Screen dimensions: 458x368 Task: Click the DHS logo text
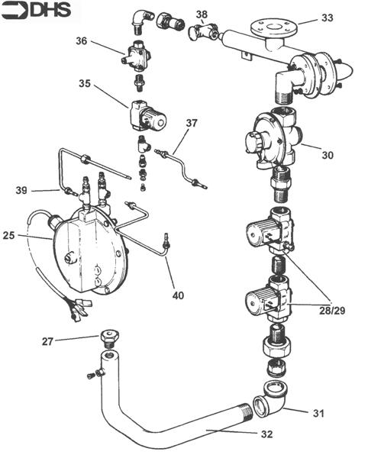pyautogui.click(x=38, y=10)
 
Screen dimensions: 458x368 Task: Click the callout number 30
pyautogui.click(x=327, y=155)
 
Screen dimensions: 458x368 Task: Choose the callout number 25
pyautogui.click(x=9, y=237)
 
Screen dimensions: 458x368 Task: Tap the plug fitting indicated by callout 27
pyautogui.click(x=108, y=337)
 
